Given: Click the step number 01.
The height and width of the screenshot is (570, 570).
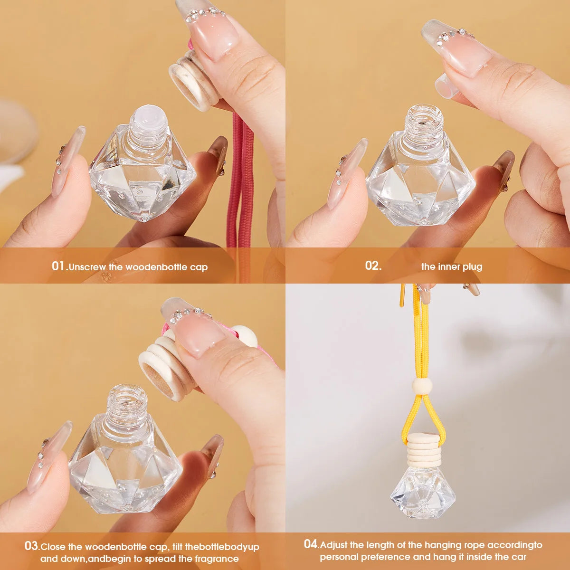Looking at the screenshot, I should [59, 266].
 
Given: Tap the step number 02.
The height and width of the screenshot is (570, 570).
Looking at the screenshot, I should [373, 266].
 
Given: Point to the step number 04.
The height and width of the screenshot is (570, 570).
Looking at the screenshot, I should [311, 544].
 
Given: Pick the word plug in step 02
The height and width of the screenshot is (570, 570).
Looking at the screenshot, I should [473, 266].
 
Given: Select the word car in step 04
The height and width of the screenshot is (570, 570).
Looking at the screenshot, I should [518, 557].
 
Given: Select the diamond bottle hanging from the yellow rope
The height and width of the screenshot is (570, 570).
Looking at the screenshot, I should [422, 492].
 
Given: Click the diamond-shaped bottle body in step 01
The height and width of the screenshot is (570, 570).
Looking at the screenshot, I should [142, 180].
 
